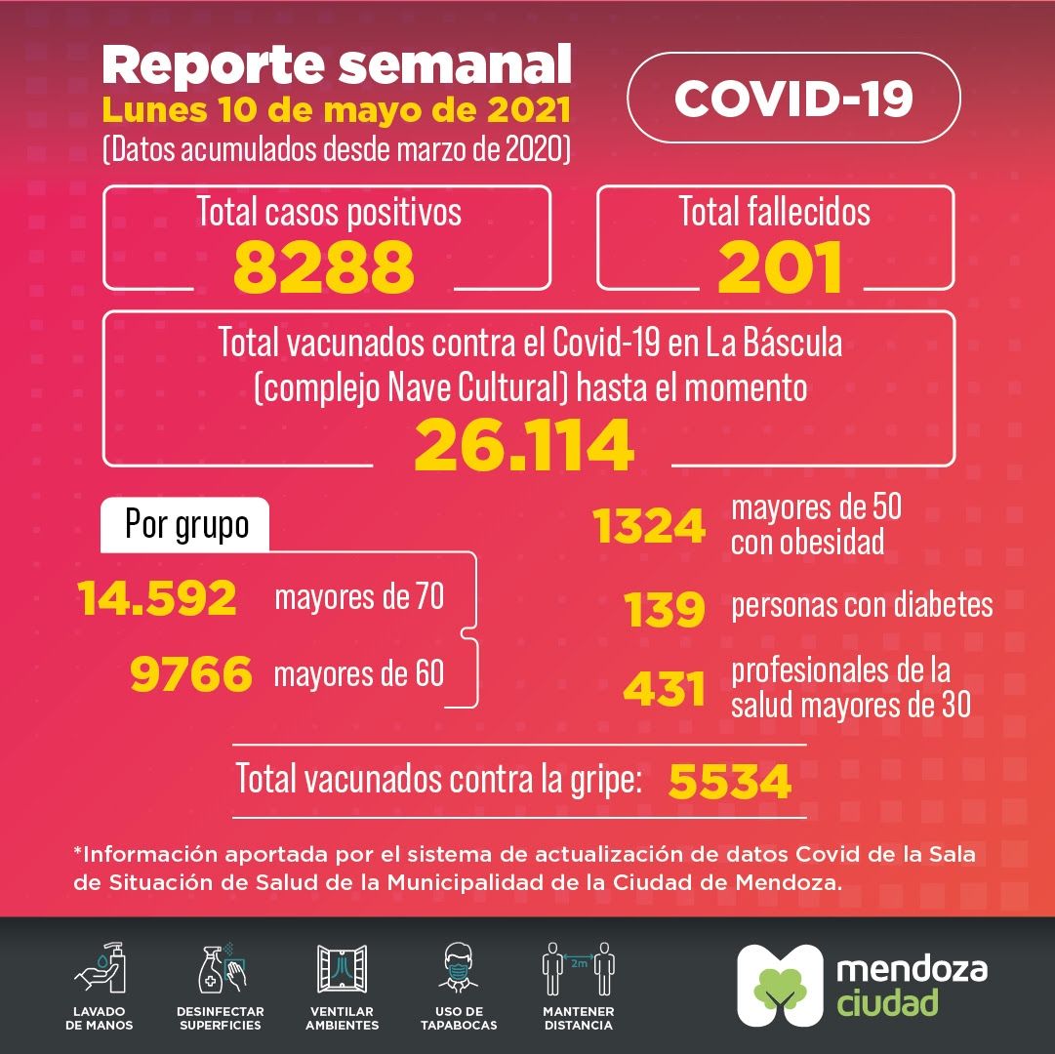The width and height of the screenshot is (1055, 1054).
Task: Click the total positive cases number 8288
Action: (324, 267)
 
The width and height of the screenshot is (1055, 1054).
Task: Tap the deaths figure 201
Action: (780, 267)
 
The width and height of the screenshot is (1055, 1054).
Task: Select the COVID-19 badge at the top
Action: (793, 98)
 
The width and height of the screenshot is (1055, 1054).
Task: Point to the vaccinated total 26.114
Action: (524, 445)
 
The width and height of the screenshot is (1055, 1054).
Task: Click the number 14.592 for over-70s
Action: (158, 598)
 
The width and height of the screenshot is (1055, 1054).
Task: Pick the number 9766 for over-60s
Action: (191, 673)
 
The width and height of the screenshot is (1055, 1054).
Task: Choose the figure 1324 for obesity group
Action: (649, 527)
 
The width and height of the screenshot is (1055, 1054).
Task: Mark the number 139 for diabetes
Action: (665, 609)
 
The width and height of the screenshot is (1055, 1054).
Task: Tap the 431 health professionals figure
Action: (665, 689)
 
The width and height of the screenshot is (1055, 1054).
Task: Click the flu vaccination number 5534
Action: (729, 781)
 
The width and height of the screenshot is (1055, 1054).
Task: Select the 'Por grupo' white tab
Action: (186, 525)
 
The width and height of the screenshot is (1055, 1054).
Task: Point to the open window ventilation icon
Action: (342, 968)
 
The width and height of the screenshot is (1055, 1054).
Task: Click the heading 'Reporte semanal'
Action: (337, 64)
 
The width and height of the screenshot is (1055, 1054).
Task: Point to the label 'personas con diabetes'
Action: (862, 605)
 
